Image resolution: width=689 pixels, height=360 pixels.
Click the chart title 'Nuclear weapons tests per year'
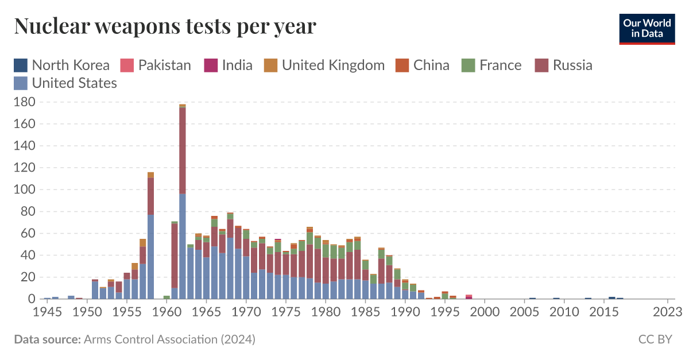pos(165,26)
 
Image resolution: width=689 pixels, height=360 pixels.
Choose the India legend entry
pos(229,65)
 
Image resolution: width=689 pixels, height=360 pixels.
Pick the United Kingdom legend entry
pos(324,65)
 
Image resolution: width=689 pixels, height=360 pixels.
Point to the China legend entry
pos(423,65)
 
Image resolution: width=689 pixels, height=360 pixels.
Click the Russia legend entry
pos(563,65)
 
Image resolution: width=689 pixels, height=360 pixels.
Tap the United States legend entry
pos(65,83)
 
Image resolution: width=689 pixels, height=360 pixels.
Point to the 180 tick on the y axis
pos(24,102)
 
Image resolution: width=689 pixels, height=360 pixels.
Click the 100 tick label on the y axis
pos(24,189)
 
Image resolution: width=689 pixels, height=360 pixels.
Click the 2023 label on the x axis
pos(668,312)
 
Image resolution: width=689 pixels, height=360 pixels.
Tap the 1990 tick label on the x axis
pos(405,312)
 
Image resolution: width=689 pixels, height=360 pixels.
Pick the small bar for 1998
pos(469,297)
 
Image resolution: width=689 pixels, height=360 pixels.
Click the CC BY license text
pos(655,339)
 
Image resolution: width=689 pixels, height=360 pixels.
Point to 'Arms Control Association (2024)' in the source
pos(169,339)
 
